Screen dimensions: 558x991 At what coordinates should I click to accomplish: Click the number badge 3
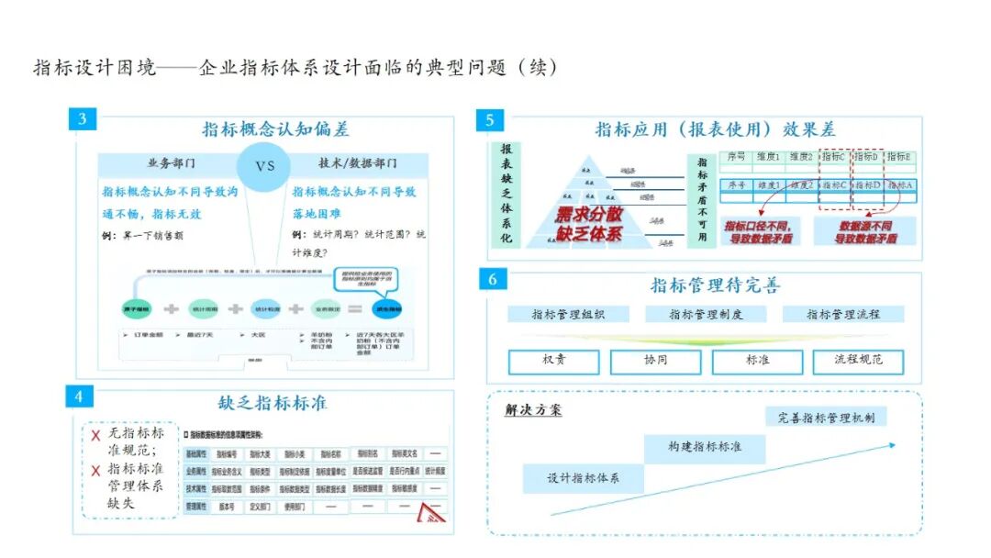tap(82, 119)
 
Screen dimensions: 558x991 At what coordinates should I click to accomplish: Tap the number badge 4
tap(79, 396)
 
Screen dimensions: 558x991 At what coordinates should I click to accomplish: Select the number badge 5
tap(490, 120)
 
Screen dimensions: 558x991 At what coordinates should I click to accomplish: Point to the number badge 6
tap(493, 279)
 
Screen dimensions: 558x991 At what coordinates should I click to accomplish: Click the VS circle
tap(264, 166)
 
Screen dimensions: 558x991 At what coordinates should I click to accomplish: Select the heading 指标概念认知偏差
tap(275, 129)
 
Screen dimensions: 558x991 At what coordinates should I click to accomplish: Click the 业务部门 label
tap(171, 163)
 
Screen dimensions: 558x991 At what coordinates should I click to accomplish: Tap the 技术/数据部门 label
tap(357, 163)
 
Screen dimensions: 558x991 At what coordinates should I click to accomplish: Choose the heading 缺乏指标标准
tap(272, 402)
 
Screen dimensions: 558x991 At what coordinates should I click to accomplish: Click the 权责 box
tap(554, 361)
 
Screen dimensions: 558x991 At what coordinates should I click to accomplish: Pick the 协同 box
tap(656, 361)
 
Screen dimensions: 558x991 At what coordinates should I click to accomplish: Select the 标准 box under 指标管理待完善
tap(757, 361)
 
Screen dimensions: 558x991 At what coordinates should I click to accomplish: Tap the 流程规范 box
tap(859, 361)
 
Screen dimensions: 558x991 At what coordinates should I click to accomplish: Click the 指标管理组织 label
tap(568, 314)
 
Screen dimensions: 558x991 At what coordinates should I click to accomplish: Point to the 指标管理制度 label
tap(706, 314)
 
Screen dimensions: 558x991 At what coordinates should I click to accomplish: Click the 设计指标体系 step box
tap(583, 478)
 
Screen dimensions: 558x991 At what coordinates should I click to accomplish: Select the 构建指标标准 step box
tap(705, 447)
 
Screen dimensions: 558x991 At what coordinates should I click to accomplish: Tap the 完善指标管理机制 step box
tap(826, 418)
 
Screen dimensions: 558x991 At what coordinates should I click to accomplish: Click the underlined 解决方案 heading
tap(533, 410)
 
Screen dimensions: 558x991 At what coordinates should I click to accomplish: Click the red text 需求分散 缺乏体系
tap(588, 223)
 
